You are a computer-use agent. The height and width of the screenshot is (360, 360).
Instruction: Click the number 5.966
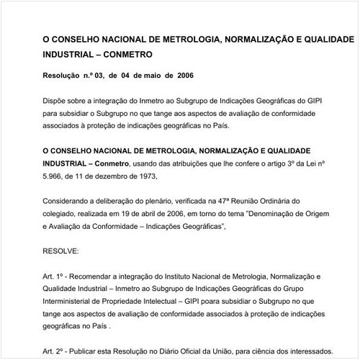(x=56, y=175)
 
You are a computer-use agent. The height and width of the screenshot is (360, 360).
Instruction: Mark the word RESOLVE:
(x=63, y=251)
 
